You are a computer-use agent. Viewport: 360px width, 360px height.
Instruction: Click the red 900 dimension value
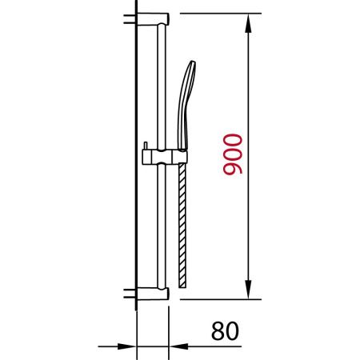pos(233,154)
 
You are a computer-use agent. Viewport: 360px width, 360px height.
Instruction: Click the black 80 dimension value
pos(225,331)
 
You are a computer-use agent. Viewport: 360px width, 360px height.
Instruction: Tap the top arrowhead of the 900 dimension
pos(248,23)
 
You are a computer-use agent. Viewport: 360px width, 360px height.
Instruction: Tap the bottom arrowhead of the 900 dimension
pos(248,290)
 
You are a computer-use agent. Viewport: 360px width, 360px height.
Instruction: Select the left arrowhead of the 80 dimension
pos(126,346)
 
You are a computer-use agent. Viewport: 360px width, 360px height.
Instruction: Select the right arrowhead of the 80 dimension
pos(178,346)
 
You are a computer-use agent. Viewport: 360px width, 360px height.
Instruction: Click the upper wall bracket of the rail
pos(153,19)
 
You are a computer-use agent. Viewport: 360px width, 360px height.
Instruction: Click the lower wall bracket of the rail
pos(153,294)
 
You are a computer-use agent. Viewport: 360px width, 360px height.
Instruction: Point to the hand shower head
pos(186,105)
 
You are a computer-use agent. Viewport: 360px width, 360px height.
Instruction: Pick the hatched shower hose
pos(182,226)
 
